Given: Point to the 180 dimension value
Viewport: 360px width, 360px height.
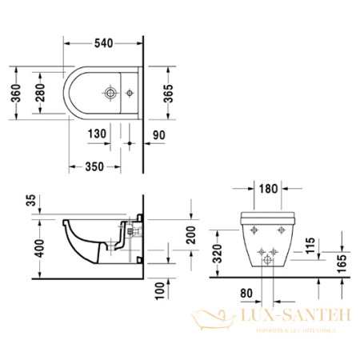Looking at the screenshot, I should pyautogui.click(x=267, y=189).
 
